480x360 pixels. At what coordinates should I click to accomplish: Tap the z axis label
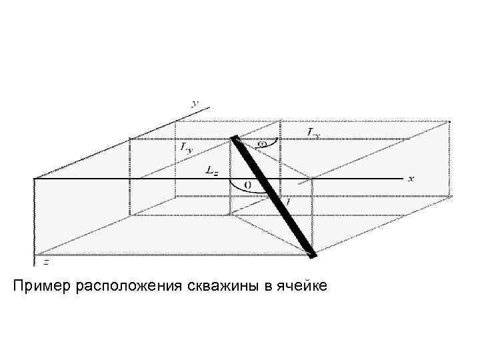[x=45, y=261]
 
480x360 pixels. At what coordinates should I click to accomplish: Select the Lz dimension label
[x=212, y=171]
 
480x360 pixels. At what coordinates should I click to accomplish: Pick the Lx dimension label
[x=314, y=133]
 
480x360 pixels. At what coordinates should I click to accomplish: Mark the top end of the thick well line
[x=234, y=138]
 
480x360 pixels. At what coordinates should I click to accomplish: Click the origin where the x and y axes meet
[x=35, y=179]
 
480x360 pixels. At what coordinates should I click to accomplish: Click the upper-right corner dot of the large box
[x=451, y=121]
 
